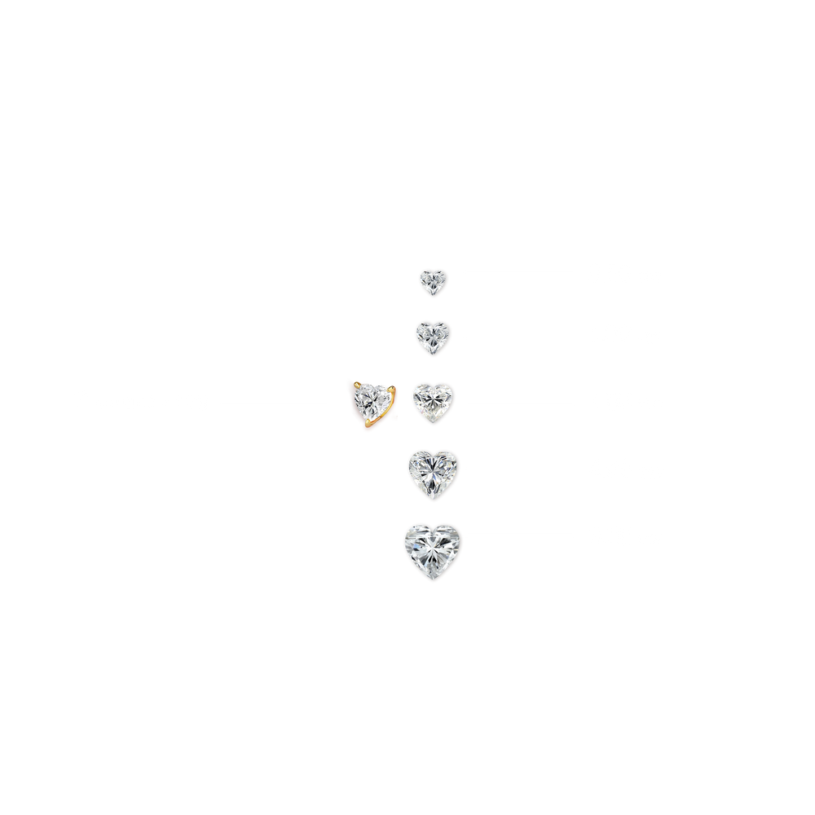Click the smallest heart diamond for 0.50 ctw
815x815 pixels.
pyautogui.click(x=432, y=281)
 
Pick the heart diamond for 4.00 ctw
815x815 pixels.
pyautogui.click(x=434, y=470)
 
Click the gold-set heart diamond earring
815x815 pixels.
pyautogui.click(x=372, y=402)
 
